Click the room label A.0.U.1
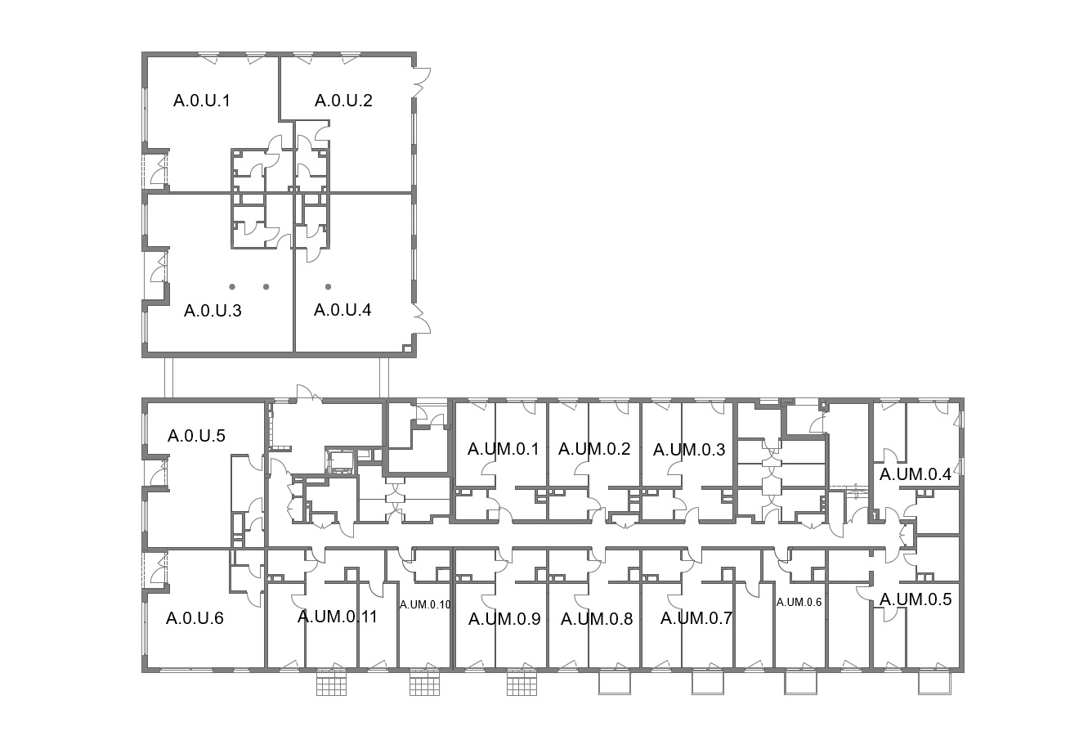[202, 101]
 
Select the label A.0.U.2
[343, 101]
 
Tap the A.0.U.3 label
[213, 311]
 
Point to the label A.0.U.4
[342, 310]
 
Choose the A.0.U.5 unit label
[196, 436]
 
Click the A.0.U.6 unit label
[195, 618]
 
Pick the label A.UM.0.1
[503, 449]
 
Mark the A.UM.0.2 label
[594, 449]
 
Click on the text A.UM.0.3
[689, 450]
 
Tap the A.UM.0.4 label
[916, 474]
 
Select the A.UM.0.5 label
[916, 599]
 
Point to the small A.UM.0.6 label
[799, 603]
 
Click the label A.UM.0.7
[696, 618]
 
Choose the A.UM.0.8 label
[597, 619]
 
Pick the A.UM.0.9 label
[504, 619]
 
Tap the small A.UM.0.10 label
[425, 605]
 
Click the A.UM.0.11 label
[338, 617]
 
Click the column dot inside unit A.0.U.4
[328, 287]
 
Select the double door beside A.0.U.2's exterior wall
[422, 83]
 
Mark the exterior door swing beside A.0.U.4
[421, 319]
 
